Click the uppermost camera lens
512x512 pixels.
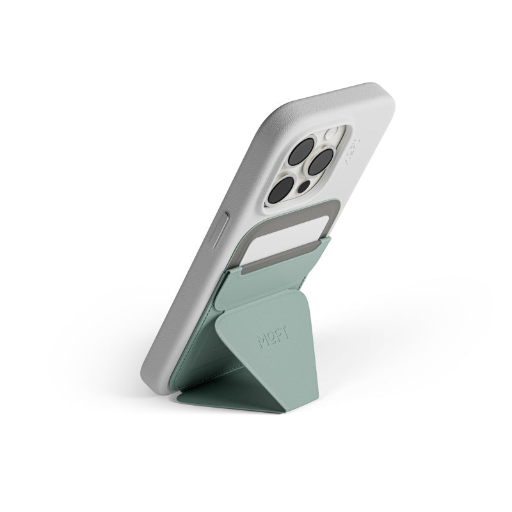301,151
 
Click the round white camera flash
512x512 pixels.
330,135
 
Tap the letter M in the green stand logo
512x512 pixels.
262,342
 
